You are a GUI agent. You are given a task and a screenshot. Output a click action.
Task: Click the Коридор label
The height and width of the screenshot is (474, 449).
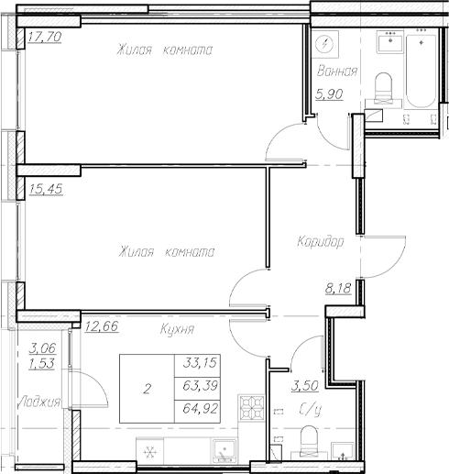[320, 243]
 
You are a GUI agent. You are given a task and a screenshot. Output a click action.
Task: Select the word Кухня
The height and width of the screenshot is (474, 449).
[175, 327]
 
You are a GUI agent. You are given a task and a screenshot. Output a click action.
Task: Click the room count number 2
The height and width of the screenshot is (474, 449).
[146, 389]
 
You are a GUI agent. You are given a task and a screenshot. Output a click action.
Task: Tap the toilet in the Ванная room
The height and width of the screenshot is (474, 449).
[385, 88]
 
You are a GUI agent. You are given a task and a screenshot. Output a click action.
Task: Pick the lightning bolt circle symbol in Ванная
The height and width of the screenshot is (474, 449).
[325, 45]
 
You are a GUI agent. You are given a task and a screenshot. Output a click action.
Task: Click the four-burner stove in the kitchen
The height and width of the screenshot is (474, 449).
[250, 406]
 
